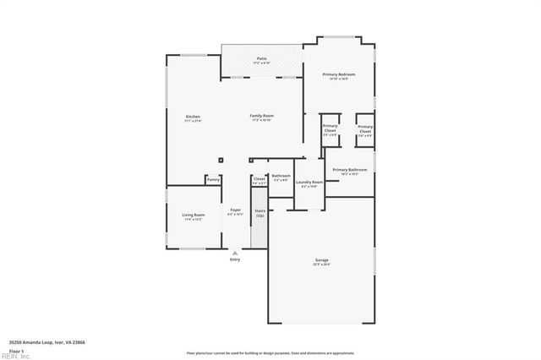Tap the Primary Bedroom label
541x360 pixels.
[x=340, y=75]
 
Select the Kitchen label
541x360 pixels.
[x=193, y=117]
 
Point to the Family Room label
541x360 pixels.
[x=261, y=116]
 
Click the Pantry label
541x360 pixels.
[x=213, y=179]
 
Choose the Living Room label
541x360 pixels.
[x=194, y=215]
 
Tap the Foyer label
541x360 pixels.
[x=235, y=210]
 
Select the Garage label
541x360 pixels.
[x=322, y=260]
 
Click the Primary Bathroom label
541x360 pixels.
[x=350, y=171]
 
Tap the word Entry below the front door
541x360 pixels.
[x=235, y=259]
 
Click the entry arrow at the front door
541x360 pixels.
[x=235, y=251]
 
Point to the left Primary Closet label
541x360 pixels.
[x=330, y=129]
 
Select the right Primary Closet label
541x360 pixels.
[x=365, y=129]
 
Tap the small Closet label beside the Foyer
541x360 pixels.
[x=260, y=179]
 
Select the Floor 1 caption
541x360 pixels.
[x=16, y=350]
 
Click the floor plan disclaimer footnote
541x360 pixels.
[x=270, y=352]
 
